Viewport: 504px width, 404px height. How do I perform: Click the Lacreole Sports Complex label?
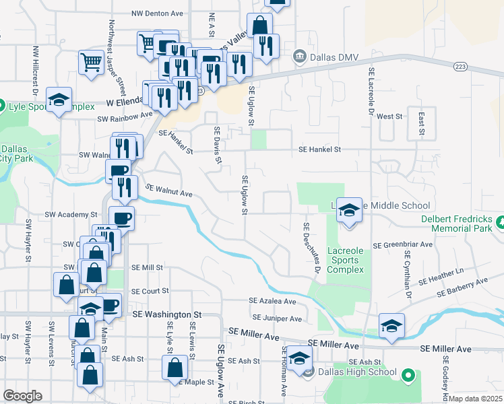pyautogui.click(x=346, y=260)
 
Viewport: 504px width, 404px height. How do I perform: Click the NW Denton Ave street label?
pyautogui.click(x=158, y=13)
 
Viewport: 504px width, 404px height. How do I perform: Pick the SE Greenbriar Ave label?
pyautogui.click(x=402, y=245)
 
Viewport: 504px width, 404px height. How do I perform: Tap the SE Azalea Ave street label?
pyautogui.click(x=272, y=301)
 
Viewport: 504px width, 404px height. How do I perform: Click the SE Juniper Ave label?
pyautogui.click(x=277, y=317)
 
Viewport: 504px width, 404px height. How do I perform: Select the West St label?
pyautogui.click(x=389, y=116)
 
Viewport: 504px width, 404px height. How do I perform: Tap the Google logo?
pyautogui.click(x=22, y=396)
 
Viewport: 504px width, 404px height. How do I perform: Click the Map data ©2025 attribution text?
pyautogui.click(x=476, y=399)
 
